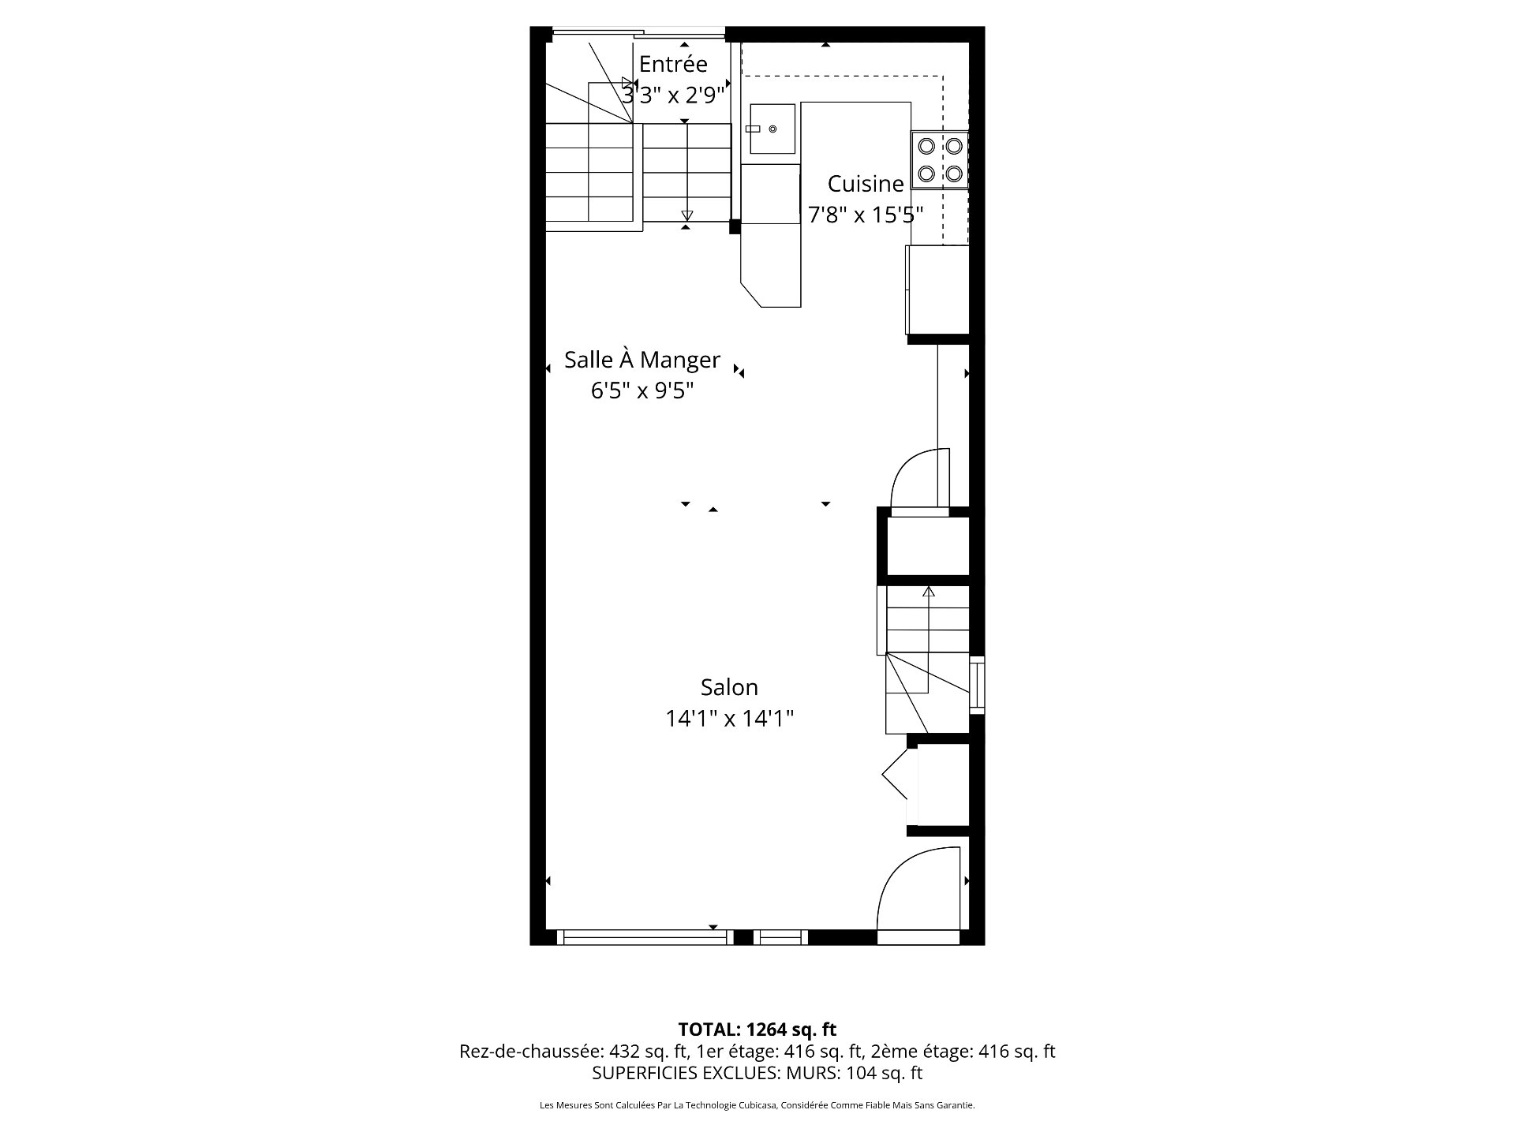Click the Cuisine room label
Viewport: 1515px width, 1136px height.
point(865,184)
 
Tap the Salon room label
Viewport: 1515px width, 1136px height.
point(729,687)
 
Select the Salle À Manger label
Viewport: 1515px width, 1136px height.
point(642,360)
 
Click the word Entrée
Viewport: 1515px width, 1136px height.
point(673,64)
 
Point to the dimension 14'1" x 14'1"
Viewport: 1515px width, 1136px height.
point(729,719)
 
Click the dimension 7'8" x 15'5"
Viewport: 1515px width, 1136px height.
point(865,215)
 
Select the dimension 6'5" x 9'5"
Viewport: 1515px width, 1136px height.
point(642,390)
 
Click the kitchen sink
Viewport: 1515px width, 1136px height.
point(772,129)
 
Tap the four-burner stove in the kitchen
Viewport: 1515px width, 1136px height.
point(940,159)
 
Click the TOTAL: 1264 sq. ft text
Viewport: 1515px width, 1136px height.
point(757,1029)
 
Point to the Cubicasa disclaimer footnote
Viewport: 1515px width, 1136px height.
point(757,1105)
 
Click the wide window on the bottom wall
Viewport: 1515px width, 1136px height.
point(643,937)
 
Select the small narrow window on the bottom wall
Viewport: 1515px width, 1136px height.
point(780,937)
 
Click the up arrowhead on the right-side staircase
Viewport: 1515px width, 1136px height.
point(928,591)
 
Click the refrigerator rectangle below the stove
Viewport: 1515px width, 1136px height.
point(937,290)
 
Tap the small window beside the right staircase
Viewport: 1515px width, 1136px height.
point(977,684)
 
